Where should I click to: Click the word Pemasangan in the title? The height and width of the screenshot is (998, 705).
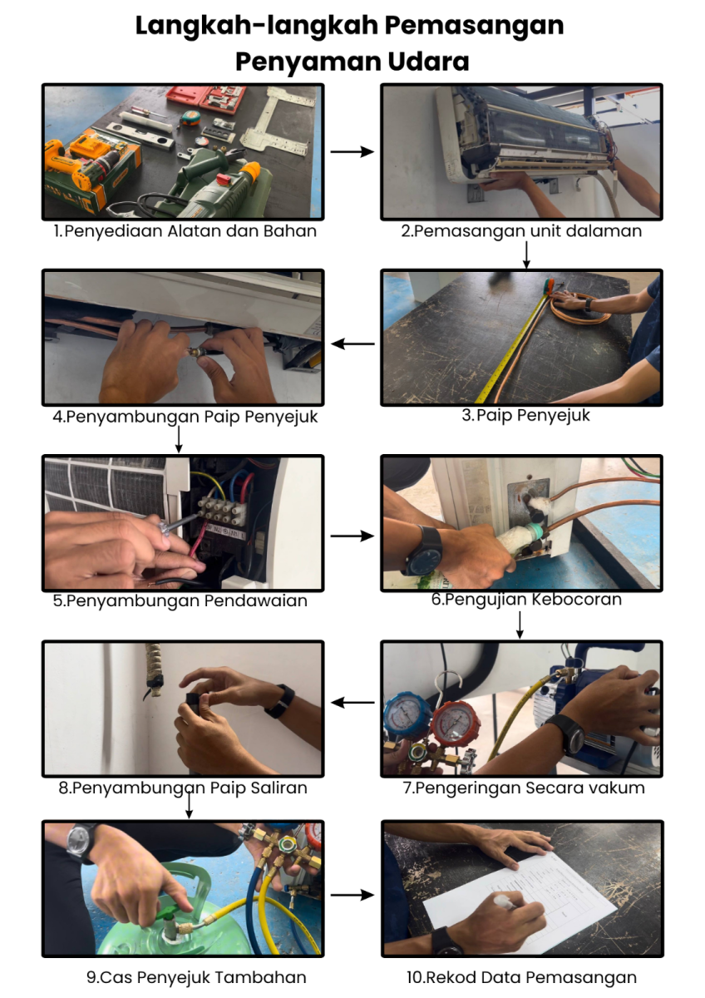coord(474,27)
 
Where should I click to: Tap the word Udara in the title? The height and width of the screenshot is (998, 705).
coord(428,62)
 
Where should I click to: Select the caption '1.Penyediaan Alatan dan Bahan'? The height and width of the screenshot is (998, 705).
coord(185,231)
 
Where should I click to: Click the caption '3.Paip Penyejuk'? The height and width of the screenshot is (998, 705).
coord(525,415)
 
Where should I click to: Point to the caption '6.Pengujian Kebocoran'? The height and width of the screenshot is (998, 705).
coord(526,600)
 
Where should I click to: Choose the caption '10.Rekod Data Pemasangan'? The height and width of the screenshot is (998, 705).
coord(521,977)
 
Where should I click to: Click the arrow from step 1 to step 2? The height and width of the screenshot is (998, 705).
coord(352,152)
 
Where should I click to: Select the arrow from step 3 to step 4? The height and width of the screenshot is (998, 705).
coord(352,343)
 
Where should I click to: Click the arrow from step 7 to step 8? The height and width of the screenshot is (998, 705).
coord(352,703)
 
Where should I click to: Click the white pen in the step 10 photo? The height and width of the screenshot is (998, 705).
coord(505,902)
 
